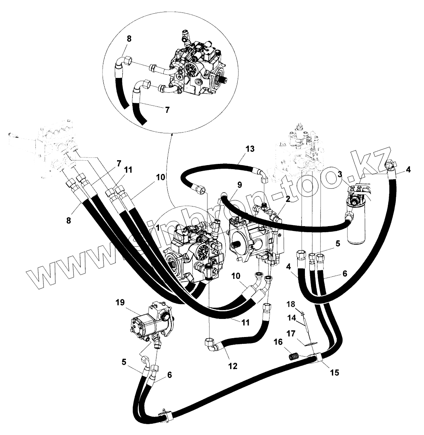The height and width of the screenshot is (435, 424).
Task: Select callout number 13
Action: pyautogui.click(x=250, y=149)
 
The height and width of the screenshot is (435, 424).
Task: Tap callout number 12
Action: pyautogui.click(x=232, y=366)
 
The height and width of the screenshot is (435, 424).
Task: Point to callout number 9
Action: pyautogui.click(x=240, y=185)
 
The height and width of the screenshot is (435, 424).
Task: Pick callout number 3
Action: pyautogui.click(x=340, y=174)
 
